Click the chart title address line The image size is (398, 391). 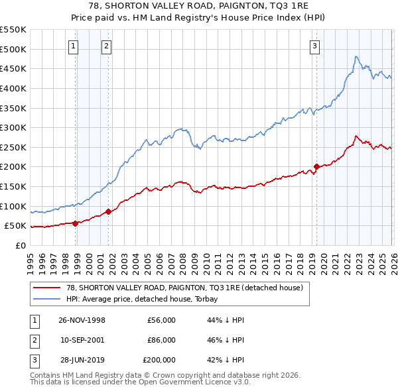(x=198, y=6)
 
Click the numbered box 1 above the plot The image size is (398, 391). (x=73, y=46)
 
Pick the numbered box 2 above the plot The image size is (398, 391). (x=106, y=46)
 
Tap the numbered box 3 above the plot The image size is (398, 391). (x=314, y=46)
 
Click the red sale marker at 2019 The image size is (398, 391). (x=316, y=166)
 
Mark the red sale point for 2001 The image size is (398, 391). (x=108, y=211)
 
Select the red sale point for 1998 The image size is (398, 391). (x=76, y=223)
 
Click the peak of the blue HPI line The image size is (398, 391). (x=356, y=57)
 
